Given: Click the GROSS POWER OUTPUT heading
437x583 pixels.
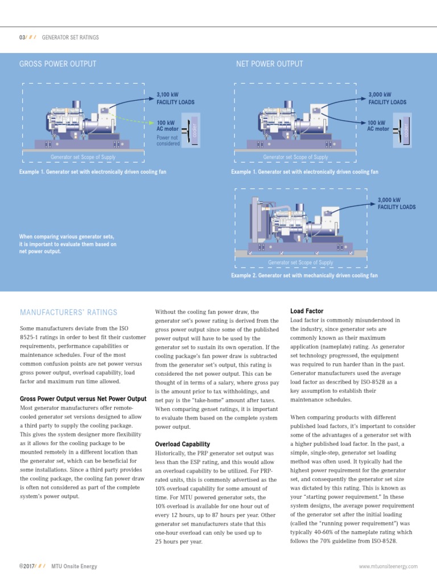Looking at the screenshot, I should [57, 64].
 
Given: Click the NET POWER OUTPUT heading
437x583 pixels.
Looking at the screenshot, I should [269, 64].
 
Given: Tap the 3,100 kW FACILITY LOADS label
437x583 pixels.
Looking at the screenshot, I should [175, 98].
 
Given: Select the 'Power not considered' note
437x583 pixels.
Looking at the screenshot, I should [168, 141].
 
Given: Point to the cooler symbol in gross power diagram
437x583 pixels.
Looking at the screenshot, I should [192, 129].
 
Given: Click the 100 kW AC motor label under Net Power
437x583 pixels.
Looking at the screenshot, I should [378, 126].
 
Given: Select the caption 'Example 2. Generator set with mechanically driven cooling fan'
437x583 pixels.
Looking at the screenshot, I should [304, 276].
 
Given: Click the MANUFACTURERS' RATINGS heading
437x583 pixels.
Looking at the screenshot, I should [68, 313].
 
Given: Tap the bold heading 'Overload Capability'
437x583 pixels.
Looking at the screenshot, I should [182, 444].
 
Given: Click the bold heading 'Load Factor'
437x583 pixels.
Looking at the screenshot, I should [307, 311].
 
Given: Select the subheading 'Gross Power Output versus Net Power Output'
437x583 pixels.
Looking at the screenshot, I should [83, 399].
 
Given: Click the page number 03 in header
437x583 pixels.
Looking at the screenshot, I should [22, 38].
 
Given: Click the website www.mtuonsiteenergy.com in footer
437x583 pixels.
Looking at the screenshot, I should [388, 566].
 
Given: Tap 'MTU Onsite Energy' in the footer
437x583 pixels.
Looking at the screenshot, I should [74, 566].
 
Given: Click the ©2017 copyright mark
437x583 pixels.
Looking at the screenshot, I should [26, 566].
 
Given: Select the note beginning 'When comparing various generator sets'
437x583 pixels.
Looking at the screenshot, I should [68, 244].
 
